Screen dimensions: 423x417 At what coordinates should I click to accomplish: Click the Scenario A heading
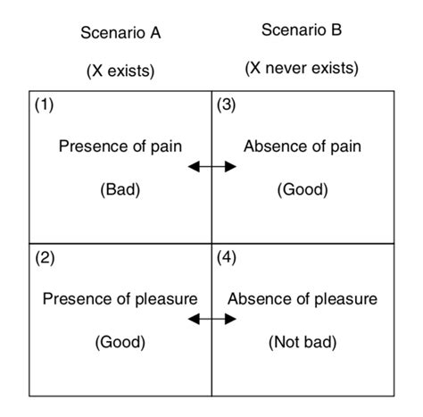click(x=120, y=33)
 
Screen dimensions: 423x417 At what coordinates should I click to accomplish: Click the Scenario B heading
click(x=302, y=30)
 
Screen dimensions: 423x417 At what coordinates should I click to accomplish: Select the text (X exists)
click(x=120, y=71)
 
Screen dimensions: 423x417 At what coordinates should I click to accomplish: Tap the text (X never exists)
click(x=302, y=68)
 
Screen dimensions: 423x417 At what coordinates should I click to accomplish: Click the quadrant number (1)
click(x=44, y=104)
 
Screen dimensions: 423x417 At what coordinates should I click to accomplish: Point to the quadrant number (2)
click(x=45, y=258)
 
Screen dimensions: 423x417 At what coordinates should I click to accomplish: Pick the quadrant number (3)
click(x=226, y=104)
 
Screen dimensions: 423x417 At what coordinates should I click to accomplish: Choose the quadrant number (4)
click(x=226, y=258)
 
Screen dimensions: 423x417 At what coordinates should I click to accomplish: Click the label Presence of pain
click(x=120, y=146)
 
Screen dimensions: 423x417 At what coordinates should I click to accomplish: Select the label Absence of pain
click(x=303, y=146)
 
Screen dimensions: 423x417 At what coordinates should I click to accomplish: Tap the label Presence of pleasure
click(x=120, y=299)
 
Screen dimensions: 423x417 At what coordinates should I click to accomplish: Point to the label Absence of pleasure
click(x=303, y=299)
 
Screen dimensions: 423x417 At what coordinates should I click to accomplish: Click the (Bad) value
click(x=120, y=189)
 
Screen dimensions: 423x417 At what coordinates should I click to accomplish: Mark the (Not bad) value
click(x=303, y=342)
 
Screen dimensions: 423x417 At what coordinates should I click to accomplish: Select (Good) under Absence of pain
click(x=303, y=189)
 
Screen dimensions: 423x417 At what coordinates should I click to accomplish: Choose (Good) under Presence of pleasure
click(x=120, y=342)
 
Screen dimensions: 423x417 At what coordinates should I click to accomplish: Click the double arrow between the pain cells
click(x=212, y=166)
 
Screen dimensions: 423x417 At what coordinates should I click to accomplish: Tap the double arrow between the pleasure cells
click(x=212, y=319)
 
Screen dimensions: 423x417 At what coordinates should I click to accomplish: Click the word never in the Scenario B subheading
click(x=286, y=68)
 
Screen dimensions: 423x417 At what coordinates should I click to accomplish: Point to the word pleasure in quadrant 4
click(x=346, y=300)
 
